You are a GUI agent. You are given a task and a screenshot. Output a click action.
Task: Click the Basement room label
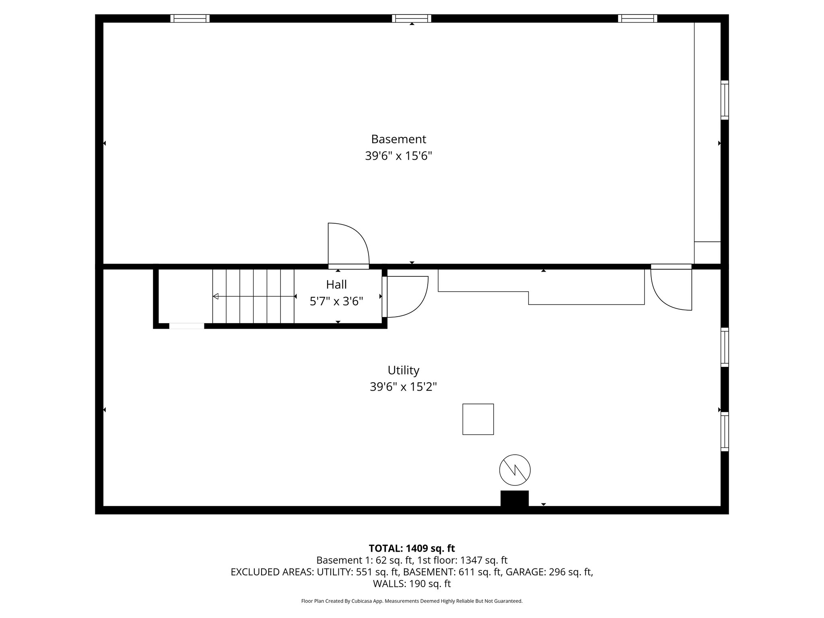(398, 139)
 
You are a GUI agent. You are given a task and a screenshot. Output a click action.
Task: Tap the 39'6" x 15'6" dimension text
(398, 156)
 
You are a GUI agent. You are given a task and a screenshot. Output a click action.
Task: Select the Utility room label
(403, 370)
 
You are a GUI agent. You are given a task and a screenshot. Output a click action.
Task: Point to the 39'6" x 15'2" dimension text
(403, 387)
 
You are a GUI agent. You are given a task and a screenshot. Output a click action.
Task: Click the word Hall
(336, 285)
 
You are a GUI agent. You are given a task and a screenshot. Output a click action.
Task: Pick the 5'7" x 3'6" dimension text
(336, 301)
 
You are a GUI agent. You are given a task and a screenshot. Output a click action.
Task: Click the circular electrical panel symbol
(515, 470)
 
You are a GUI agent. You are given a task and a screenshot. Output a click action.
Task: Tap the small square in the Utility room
(478, 419)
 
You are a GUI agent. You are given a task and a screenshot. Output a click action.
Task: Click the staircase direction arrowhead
(216, 297)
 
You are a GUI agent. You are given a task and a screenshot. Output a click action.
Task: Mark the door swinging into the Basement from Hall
(348, 245)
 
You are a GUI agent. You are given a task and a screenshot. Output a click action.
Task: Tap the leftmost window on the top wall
(190, 19)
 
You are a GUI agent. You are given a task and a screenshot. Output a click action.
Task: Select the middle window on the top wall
(412, 19)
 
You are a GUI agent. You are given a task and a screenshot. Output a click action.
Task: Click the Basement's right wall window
(724, 100)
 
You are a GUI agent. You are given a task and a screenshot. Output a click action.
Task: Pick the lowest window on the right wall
(724, 431)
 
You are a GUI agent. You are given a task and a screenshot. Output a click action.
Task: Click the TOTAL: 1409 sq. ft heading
(412, 548)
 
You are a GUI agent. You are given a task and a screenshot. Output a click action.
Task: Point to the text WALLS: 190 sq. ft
(412, 584)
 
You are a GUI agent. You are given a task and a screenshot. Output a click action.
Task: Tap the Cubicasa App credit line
(412, 601)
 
